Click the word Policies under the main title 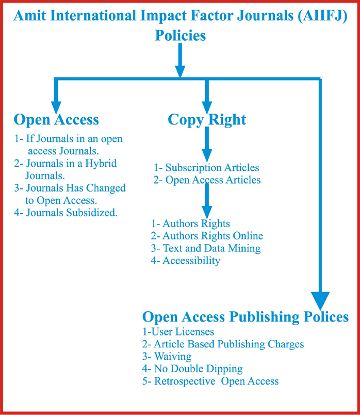tap(180, 36)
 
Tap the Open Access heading tap(56, 120)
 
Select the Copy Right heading tap(207, 120)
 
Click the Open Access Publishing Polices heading tap(246, 317)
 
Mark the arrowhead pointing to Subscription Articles tap(207, 155)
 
